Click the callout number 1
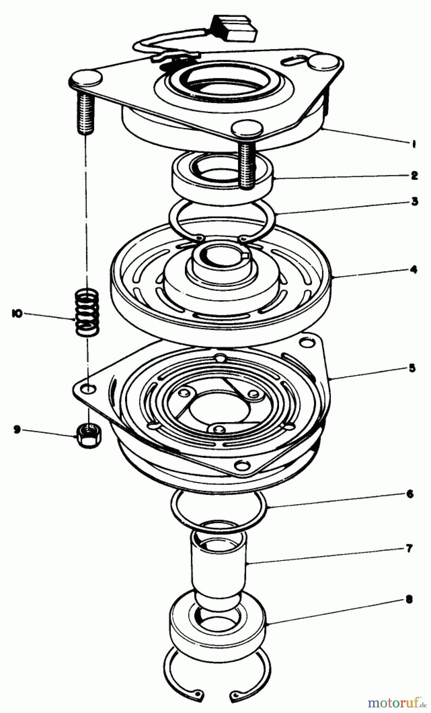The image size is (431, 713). point(414,145)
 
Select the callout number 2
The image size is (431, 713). point(414,175)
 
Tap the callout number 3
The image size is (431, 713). point(414,201)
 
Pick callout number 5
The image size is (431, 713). point(412,368)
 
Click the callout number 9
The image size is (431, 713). point(17,429)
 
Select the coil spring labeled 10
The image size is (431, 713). point(87,313)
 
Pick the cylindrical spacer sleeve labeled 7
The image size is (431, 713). point(219,562)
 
